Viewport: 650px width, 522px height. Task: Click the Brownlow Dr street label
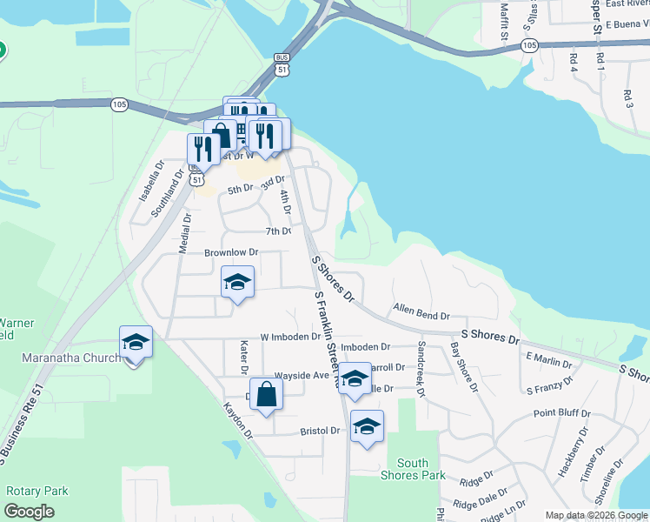coord(232,253)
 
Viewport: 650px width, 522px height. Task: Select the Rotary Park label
coord(36,492)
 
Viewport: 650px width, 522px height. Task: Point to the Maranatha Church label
coord(60,358)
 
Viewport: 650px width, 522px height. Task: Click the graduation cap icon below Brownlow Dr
coord(237,283)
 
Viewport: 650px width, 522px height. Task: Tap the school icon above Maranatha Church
coord(136,343)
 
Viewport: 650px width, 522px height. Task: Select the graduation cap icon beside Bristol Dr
coord(367,427)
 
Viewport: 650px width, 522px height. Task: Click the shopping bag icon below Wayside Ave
coord(266,394)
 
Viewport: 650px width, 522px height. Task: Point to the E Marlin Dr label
coord(548,358)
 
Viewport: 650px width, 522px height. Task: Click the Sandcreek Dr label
coord(421,369)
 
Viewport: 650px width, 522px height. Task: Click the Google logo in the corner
coord(29,512)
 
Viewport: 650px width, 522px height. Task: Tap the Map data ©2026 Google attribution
coord(596,515)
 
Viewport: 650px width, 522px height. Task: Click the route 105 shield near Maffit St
coord(530,43)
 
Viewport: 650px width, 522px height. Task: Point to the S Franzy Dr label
coord(549,386)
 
